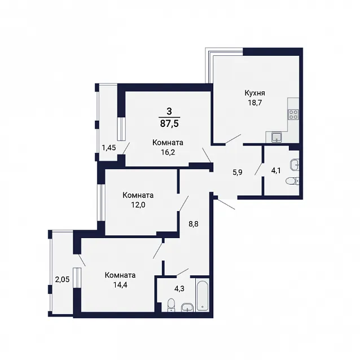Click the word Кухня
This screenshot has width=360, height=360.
(254, 93)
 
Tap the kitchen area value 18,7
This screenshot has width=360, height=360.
(254, 102)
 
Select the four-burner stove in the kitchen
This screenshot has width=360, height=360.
(293, 114)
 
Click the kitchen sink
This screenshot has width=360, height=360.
(276, 137)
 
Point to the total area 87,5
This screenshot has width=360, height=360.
(169, 124)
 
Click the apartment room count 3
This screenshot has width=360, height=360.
(169, 112)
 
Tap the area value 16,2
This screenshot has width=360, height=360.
(168, 152)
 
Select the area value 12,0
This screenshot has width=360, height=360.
(138, 205)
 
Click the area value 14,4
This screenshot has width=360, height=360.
(120, 285)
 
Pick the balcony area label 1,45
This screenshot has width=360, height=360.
(109, 147)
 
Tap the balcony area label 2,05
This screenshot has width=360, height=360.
(62, 279)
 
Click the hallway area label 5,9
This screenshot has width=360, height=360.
(238, 172)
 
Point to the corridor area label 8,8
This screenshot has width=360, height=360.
(194, 224)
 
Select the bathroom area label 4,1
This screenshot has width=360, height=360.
(276, 170)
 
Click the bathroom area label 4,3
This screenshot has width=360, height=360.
(179, 288)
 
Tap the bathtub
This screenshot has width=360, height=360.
(202, 295)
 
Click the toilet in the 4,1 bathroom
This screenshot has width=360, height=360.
(292, 181)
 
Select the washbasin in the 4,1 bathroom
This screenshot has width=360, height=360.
(295, 165)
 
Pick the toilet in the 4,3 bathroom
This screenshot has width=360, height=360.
(171, 305)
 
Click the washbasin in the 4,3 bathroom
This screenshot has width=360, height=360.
(187, 308)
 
